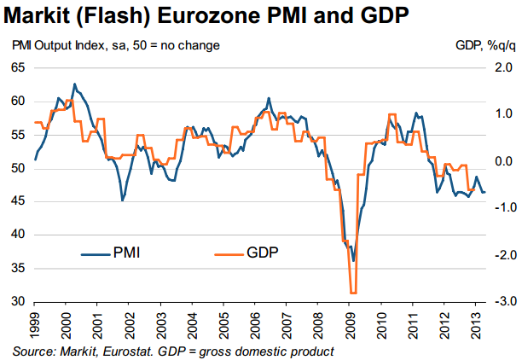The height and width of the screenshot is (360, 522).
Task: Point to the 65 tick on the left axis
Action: [18, 67]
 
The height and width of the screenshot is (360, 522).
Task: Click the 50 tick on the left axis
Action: [18, 168]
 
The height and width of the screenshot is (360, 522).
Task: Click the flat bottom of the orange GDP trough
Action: [352, 293]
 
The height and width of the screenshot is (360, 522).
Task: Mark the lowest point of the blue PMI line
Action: [353, 261]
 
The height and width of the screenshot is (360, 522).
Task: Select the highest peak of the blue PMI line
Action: [74, 84]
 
